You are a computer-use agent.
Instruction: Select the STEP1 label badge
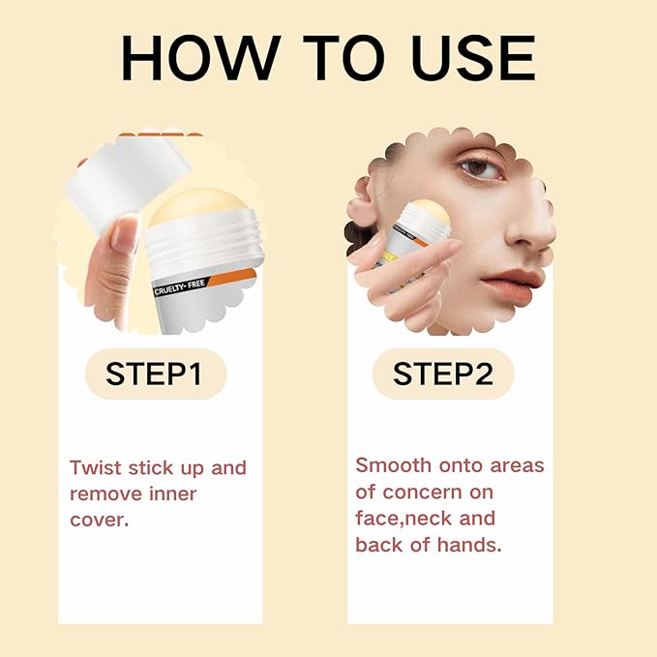tap(155, 374)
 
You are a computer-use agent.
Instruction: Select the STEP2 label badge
tap(442, 374)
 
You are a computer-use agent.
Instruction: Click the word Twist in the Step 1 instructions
tap(95, 468)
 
